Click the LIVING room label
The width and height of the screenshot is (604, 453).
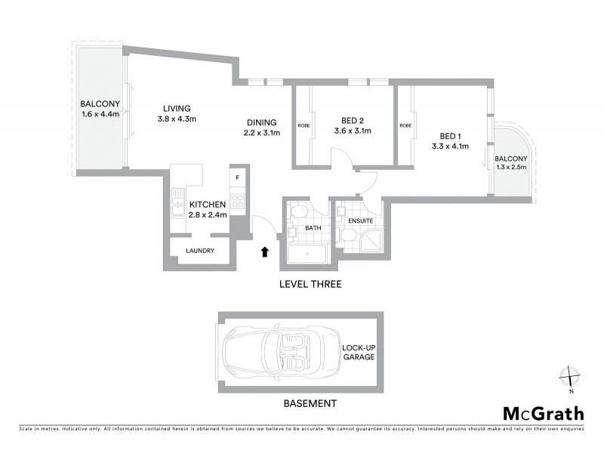(x=176, y=108)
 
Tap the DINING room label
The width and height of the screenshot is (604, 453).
(x=261, y=122)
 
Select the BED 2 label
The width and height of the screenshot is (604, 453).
(x=353, y=120)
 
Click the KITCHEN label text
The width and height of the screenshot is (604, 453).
(x=208, y=205)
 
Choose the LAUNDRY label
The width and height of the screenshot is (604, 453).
(x=199, y=251)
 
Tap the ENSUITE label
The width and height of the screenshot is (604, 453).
(x=362, y=220)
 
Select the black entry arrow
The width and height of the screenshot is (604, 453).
(x=264, y=252)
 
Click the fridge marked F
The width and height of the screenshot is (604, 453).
(x=238, y=178)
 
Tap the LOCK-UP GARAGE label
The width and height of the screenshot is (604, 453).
(x=359, y=352)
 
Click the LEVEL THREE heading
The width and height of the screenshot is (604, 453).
(x=310, y=285)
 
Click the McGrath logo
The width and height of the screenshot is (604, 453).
(x=543, y=413)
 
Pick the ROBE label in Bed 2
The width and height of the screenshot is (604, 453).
(x=304, y=125)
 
